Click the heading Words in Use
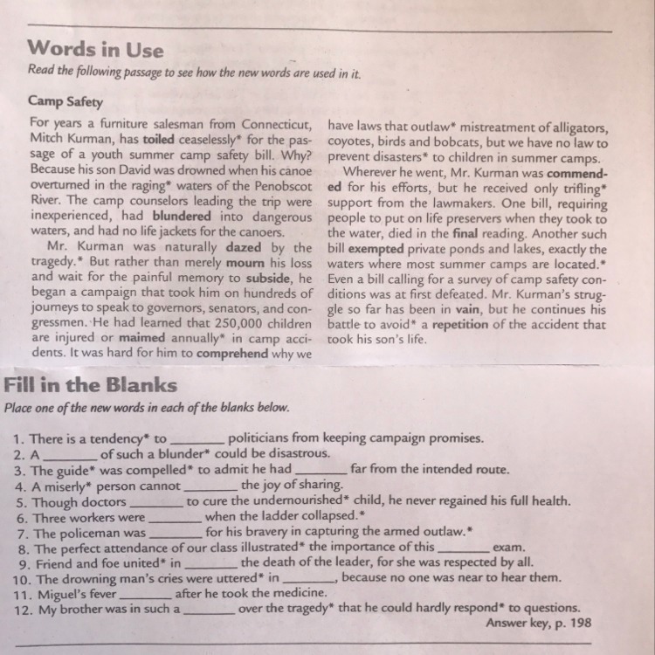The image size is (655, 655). [95, 49]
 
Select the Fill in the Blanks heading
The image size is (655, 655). [91, 385]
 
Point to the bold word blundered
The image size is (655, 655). [182, 215]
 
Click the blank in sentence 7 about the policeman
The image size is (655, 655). [176, 532]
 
